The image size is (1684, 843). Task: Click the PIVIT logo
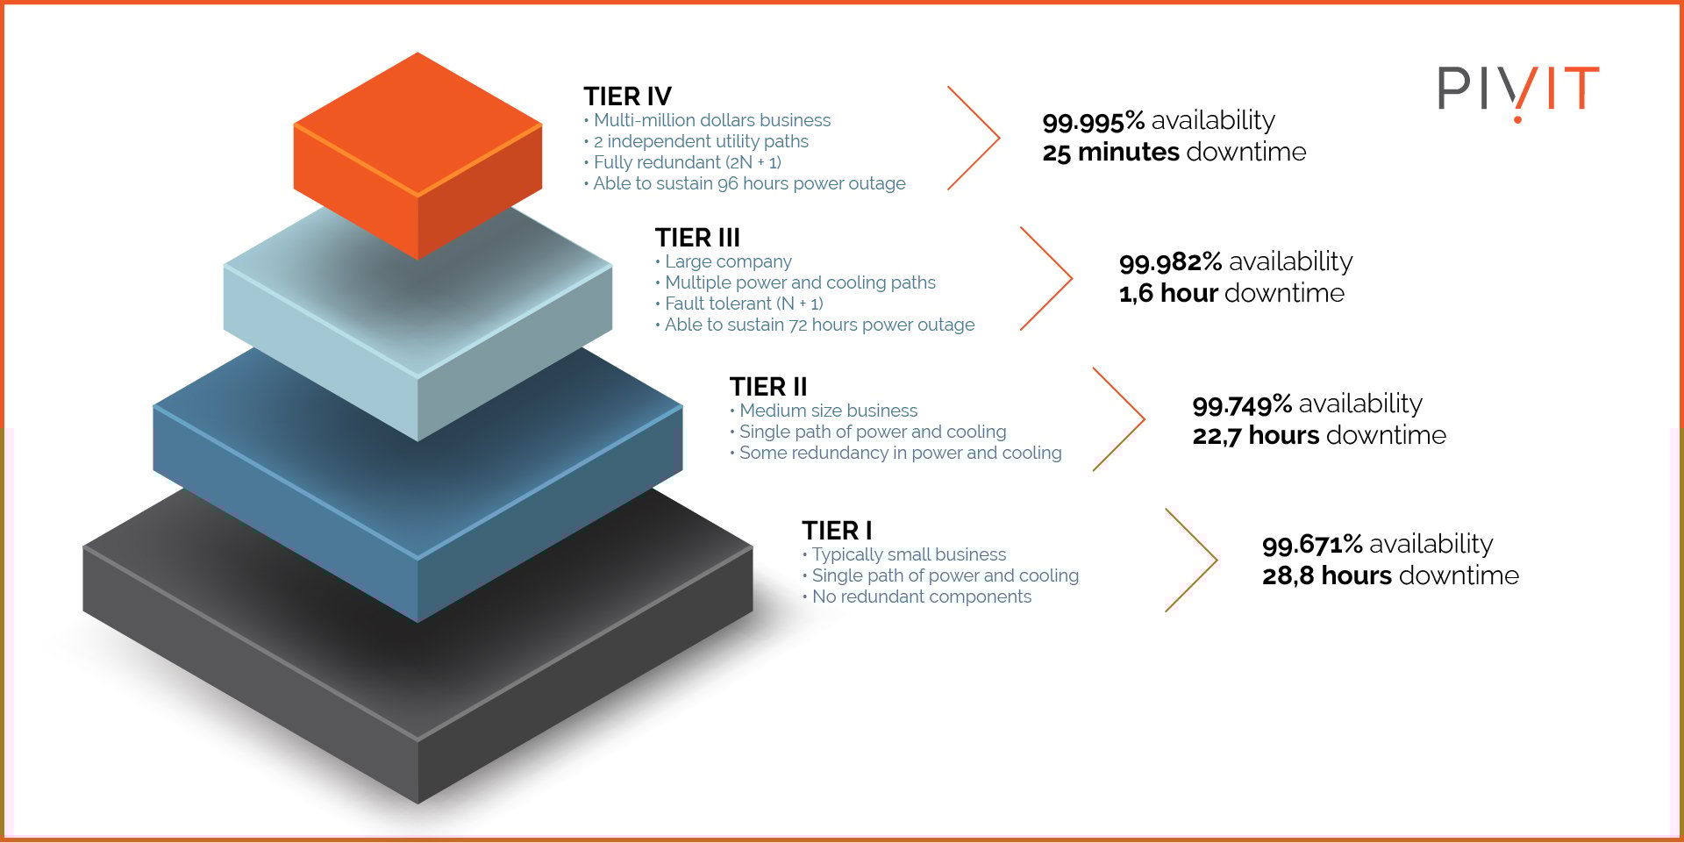point(1518,91)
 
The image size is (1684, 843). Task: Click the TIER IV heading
point(627,96)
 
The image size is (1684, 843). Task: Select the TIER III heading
point(697,238)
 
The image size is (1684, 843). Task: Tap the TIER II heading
point(767,387)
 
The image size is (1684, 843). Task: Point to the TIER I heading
point(837,531)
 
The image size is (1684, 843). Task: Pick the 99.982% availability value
point(1170,261)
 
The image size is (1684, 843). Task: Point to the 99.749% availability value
point(1242,404)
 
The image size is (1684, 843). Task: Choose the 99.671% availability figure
point(1312,544)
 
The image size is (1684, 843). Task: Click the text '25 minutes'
point(1110,152)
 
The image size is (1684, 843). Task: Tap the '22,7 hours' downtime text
point(1256,435)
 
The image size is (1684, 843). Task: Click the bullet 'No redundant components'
point(917,597)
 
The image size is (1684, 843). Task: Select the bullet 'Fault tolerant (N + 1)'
point(739,304)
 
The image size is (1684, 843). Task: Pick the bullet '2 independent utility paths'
point(696,141)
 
